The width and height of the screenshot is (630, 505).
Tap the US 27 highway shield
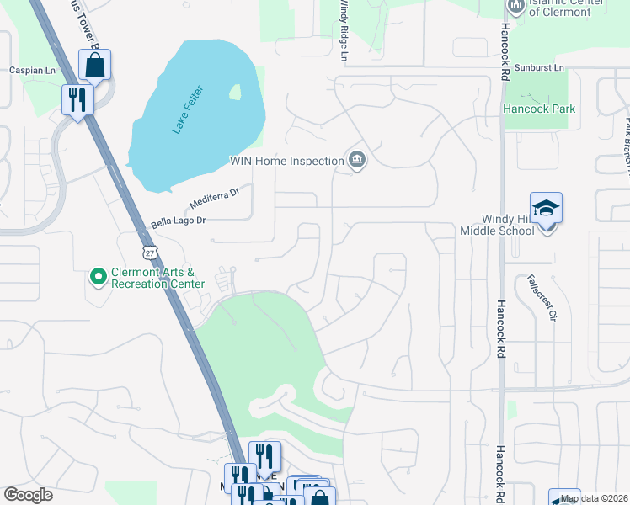click(x=149, y=252)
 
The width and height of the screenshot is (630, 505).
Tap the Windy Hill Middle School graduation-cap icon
click(x=546, y=208)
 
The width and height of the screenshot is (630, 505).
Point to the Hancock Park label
click(x=538, y=109)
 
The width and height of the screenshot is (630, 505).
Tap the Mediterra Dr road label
click(x=215, y=197)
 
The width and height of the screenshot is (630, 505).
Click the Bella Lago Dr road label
click(x=178, y=221)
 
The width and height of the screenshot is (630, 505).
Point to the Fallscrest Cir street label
click(x=542, y=298)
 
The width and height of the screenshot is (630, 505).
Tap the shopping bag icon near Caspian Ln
click(x=95, y=65)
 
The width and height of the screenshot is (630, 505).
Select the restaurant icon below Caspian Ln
click(x=77, y=99)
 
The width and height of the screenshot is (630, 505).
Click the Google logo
click(x=28, y=495)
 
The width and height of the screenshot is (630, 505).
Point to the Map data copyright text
click(x=594, y=498)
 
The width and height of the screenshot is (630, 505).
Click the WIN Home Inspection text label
click(x=287, y=161)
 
